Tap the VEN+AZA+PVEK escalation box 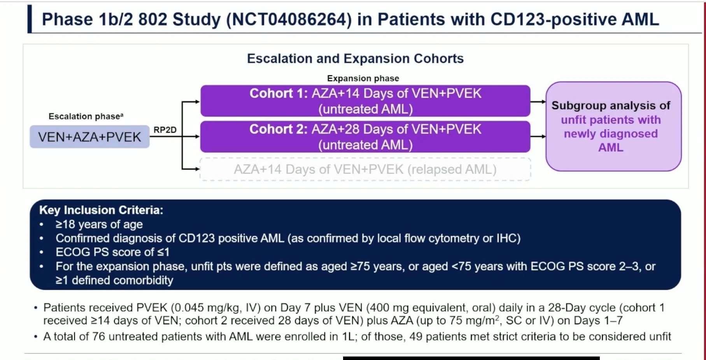tap(89, 136)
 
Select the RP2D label tap(165, 130)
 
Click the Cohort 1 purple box tap(365, 101)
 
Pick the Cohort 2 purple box tap(365, 136)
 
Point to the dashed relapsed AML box tap(365, 169)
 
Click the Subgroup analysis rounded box tap(613, 126)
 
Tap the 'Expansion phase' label tap(363, 78)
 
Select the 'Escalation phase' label tap(86, 116)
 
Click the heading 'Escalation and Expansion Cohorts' tap(356, 58)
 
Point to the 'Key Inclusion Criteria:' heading tap(101, 210)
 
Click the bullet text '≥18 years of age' tap(99, 224)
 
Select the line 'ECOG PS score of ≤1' tap(113, 252)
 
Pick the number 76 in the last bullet tap(98, 336)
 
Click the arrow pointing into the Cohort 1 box tap(191, 102)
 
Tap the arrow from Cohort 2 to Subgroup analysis tap(538, 136)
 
